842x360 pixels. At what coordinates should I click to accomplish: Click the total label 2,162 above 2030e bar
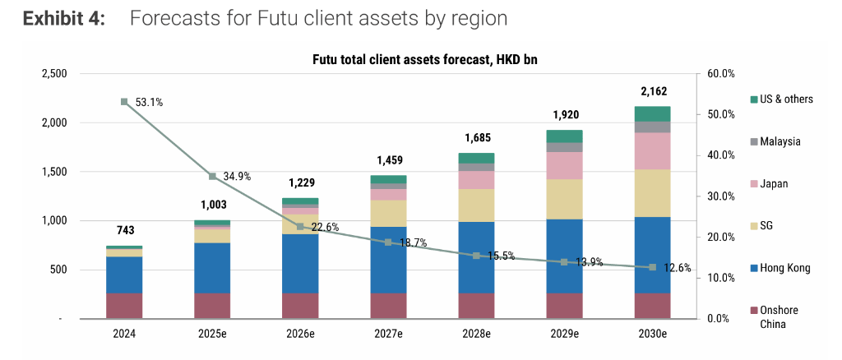tap(652, 90)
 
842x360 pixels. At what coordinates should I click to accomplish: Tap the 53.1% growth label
tap(149, 103)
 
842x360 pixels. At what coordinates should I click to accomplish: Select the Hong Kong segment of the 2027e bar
tap(388, 260)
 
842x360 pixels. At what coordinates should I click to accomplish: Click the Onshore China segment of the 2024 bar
tap(124, 306)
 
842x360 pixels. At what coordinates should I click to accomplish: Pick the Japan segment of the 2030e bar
tap(652, 150)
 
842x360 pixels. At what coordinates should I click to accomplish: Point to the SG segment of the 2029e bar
tap(564, 199)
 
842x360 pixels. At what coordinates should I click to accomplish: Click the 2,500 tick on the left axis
tap(54, 74)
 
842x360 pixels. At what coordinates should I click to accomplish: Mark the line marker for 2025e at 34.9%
tap(212, 176)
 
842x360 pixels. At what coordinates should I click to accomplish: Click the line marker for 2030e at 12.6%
tap(652, 267)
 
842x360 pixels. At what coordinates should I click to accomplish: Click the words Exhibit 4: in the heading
tap(63, 18)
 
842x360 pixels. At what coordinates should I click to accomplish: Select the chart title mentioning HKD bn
tap(424, 59)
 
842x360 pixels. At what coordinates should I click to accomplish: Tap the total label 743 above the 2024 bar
tap(124, 231)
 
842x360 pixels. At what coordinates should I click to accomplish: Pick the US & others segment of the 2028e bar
tap(476, 158)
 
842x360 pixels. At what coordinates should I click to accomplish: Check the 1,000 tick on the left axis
tap(54, 220)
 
